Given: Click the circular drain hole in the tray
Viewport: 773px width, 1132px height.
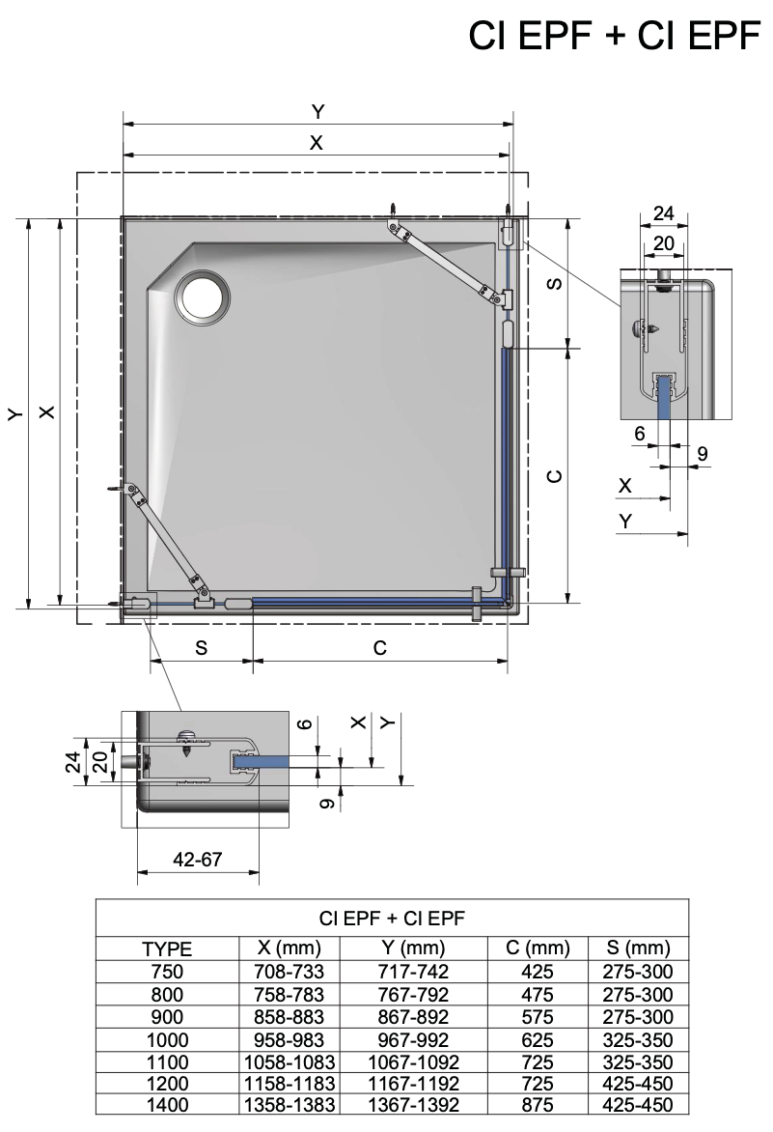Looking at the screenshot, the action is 203,297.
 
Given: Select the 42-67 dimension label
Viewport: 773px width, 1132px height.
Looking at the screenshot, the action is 198,859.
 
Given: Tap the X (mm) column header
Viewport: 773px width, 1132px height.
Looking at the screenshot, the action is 290,948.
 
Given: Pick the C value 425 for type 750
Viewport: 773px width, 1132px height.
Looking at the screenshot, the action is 538,971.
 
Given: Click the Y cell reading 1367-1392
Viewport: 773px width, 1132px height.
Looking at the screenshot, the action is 413,1105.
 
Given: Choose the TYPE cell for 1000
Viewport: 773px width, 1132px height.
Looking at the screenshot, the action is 167,1039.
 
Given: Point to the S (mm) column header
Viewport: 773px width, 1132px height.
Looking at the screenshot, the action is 638,948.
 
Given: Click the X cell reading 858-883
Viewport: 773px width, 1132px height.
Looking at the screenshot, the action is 290,1016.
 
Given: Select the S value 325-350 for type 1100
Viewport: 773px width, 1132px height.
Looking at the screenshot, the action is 638,1061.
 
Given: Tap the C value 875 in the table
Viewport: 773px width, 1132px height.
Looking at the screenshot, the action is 538,1105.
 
